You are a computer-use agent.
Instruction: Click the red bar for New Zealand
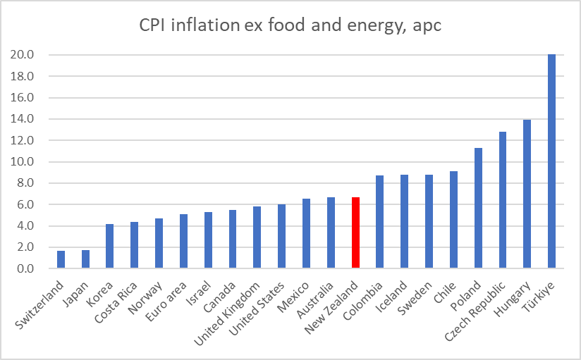[355, 233]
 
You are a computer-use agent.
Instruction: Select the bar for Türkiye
[551, 161]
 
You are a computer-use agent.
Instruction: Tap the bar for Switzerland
[61, 260]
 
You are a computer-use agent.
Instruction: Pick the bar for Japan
[86, 259]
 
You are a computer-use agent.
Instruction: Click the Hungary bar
[527, 194]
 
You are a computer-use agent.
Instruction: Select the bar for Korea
[110, 247]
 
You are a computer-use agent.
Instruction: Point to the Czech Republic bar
[503, 200]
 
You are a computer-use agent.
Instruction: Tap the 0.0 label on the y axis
[25, 269]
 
